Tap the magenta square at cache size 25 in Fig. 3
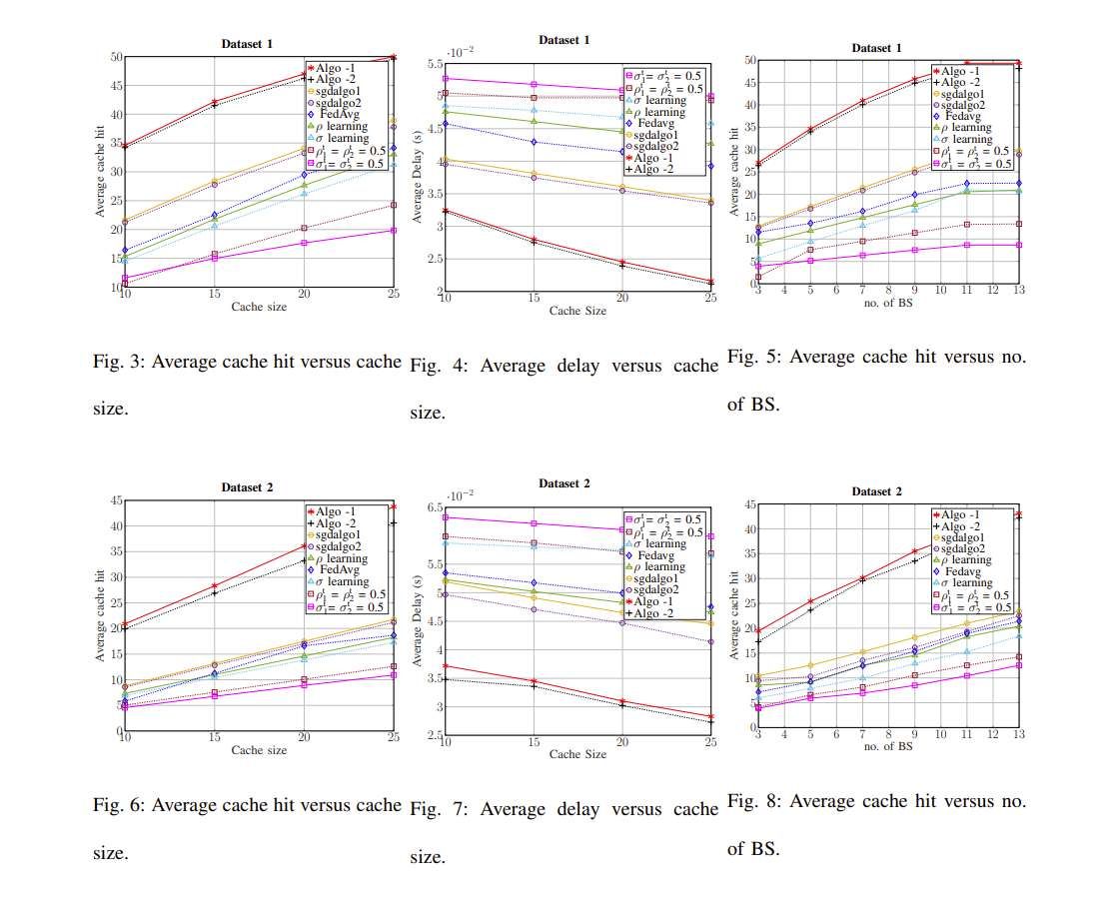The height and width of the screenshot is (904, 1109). pos(394,231)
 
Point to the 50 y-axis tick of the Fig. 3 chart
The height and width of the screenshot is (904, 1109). pos(117,57)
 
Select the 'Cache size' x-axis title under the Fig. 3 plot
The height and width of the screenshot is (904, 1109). pos(260,306)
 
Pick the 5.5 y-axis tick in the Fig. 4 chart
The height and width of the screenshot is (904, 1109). pos(433,64)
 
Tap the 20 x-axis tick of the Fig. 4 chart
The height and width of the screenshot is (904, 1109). pos(621,299)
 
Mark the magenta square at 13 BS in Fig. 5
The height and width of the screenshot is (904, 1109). pos(1018,245)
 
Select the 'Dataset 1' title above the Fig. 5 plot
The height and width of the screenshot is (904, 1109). pos(876,48)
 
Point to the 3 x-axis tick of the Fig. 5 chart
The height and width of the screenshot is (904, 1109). pos(758,291)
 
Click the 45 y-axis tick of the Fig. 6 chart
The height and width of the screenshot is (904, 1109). pos(116,500)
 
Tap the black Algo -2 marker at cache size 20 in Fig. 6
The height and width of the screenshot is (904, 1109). pos(304,561)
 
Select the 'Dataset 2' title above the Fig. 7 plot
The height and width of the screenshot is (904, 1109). pos(563,483)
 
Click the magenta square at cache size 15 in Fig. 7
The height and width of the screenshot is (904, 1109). pos(535,523)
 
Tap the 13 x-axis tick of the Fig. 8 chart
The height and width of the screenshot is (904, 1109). pos(1018,735)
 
